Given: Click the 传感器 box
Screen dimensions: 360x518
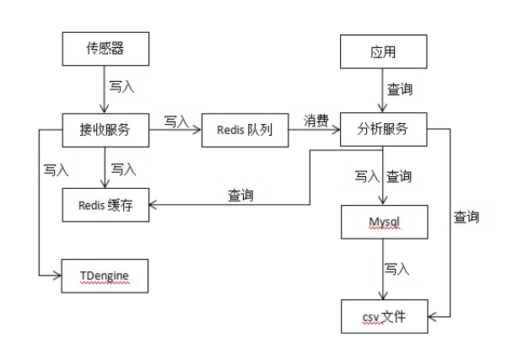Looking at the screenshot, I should point(106,49).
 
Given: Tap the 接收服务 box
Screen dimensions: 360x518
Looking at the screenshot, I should point(106,130).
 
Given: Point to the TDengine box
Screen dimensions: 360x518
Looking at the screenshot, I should point(106,276).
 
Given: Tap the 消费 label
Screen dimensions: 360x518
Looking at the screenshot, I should point(316,121).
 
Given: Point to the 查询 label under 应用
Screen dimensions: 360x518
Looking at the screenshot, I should point(400,89).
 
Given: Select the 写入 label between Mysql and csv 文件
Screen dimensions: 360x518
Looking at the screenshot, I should point(397,269).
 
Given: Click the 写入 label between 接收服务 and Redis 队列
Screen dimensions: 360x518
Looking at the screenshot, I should point(175,121).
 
